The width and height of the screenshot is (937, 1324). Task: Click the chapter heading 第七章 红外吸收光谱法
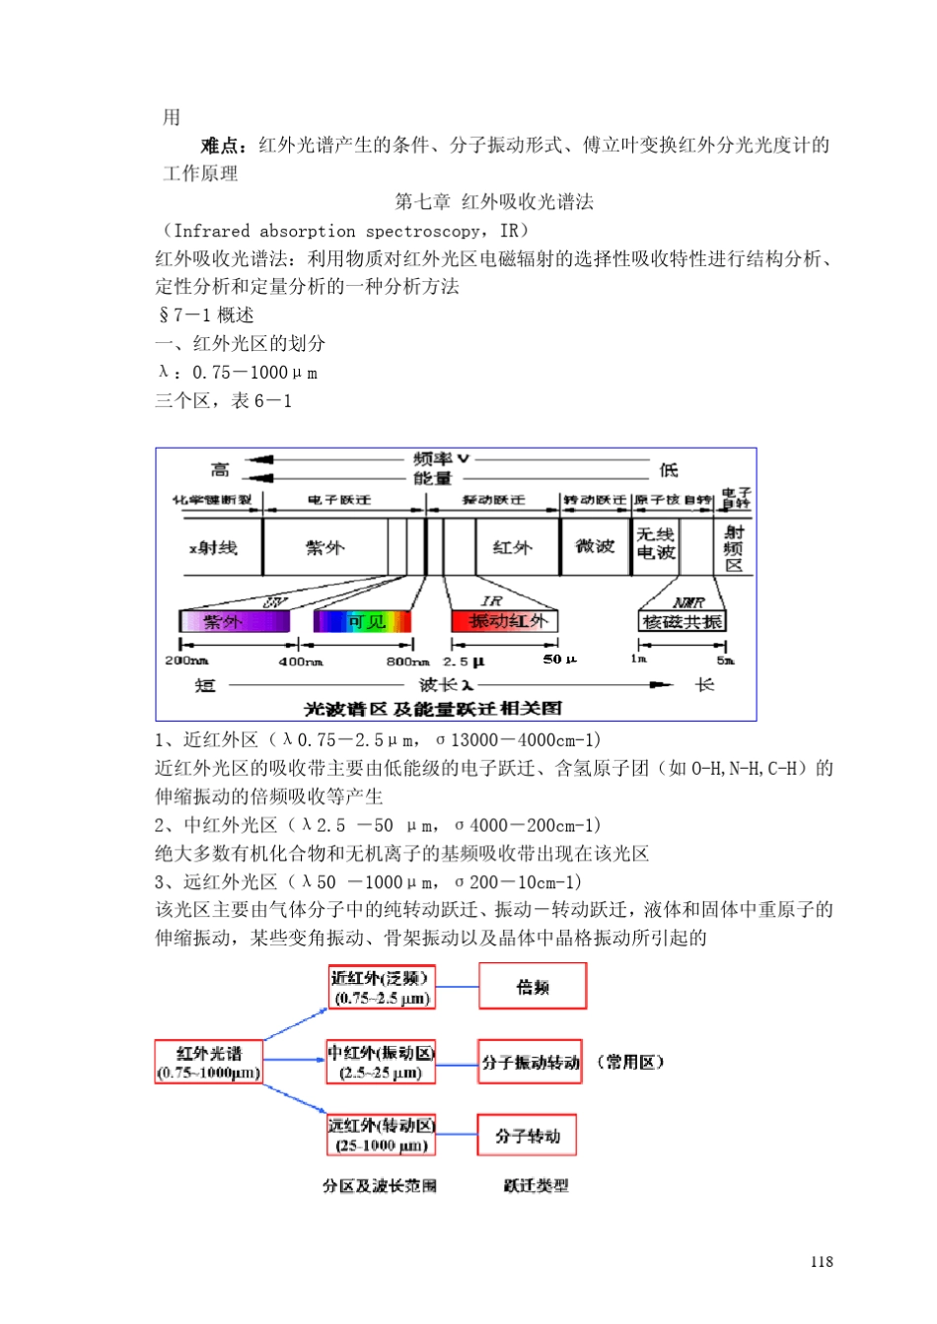coord(494,202)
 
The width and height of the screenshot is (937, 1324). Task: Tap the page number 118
coord(822,1261)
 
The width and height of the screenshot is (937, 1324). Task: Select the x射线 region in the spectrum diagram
coord(213,547)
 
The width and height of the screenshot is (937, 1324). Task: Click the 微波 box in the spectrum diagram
coord(595,546)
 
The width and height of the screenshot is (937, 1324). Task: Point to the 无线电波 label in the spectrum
coord(655,543)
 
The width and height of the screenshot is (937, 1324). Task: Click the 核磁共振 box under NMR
coord(682,621)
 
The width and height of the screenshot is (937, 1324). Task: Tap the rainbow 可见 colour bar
coord(362,621)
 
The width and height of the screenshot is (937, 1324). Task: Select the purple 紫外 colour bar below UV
coord(234,621)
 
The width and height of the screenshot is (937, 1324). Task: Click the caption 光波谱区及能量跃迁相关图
coord(432,708)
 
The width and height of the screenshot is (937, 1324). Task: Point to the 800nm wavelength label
coord(407,661)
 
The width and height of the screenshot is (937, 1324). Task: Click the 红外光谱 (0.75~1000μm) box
coord(209,1062)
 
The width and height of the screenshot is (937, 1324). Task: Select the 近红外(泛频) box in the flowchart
coord(380,988)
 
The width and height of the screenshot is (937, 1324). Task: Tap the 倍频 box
coord(533,987)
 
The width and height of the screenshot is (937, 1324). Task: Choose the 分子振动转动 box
coord(530,1062)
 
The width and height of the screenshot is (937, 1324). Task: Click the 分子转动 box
coord(527,1136)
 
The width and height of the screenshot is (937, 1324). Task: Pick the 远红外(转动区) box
coord(381,1136)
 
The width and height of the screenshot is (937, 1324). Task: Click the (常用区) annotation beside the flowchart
coord(630,1062)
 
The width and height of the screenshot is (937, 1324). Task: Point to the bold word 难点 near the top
coord(223,146)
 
